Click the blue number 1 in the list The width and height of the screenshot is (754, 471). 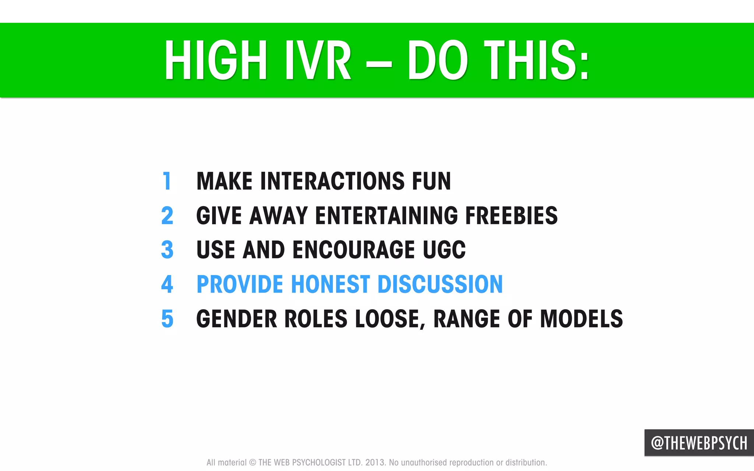167,181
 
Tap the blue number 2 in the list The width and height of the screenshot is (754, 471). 167,215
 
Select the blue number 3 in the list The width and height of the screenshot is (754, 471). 167,250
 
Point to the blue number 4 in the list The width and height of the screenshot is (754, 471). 167,284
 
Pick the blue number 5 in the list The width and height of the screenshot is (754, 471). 167,319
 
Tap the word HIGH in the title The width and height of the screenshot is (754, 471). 216,60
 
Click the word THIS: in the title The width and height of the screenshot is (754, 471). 537,60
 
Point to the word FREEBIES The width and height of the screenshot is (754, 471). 511,215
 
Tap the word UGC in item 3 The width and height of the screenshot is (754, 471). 444,250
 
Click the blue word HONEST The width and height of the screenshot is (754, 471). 330,284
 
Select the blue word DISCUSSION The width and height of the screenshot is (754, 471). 440,284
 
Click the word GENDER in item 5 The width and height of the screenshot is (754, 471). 236,319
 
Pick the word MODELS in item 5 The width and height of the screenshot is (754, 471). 581,319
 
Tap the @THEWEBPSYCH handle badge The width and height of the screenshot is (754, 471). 699,443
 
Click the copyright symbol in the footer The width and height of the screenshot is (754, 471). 253,463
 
